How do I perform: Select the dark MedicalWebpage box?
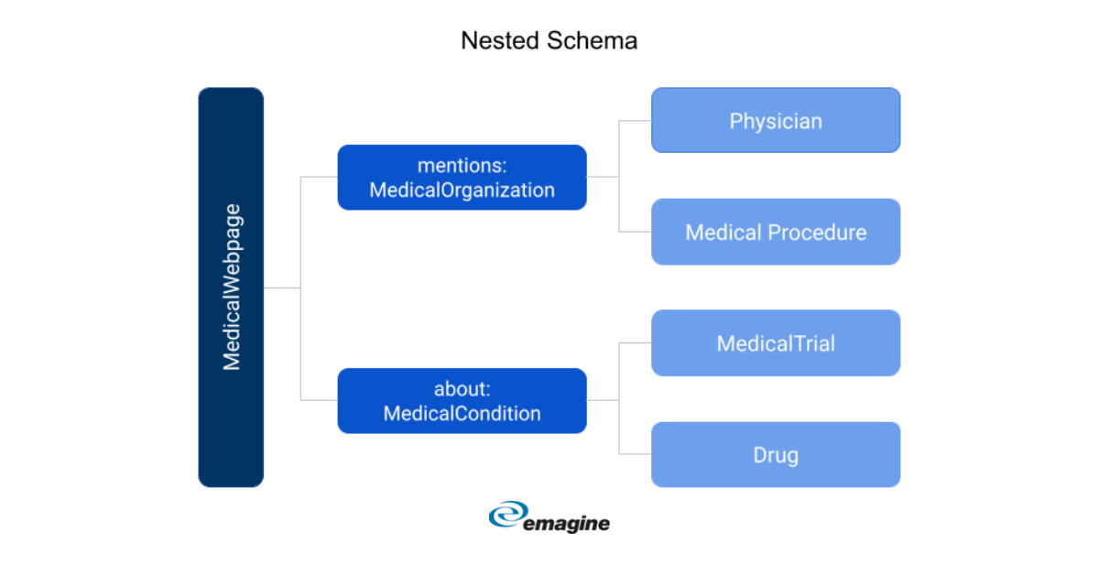click(x=231, y=287)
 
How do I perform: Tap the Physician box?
click(x=776, y=120)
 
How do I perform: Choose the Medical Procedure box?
click(x=776, y=232)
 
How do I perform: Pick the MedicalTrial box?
click(x=776, y=343)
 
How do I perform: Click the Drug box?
click(x=776, y=455)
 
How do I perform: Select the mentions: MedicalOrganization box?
click(x=462, y=178)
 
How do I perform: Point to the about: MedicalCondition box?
click(x=462, y=401)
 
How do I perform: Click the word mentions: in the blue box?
click(x=462, y=166)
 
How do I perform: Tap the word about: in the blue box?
click(x=462, y=389)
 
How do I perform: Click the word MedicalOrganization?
click(x=462, y=190)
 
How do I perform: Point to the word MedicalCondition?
click(x=462, y=414)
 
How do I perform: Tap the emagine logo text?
click(x=567, y=524)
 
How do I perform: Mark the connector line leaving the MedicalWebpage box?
click(x=282, y=288)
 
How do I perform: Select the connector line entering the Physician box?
click(x=636, y=120)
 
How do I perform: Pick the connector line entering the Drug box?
click(x=636, y=454)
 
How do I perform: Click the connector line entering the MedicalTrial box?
click(x=636, y=343)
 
